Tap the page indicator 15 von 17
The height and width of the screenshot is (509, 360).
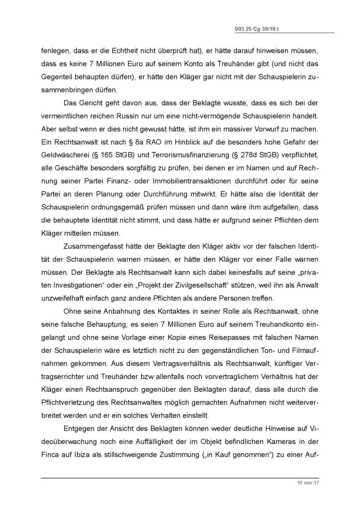[299, 483]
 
